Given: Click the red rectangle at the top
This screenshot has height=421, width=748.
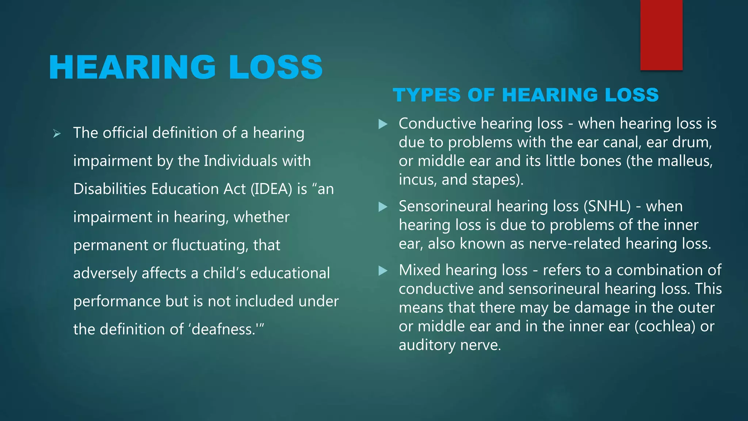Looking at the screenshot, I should point(661,35).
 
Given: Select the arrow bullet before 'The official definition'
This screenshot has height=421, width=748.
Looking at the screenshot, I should point(57,133).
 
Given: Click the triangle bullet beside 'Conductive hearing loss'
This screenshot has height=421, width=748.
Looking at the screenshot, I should point(383,124).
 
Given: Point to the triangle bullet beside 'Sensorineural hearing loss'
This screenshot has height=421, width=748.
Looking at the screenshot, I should point(383,207).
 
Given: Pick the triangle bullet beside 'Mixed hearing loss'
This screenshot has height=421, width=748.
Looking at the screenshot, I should point(383,271).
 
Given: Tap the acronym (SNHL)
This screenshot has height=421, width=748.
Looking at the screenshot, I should point(607,206).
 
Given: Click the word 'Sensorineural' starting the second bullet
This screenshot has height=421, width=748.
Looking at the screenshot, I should point(445,206).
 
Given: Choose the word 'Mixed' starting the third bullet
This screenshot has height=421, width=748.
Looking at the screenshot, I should point(420,270).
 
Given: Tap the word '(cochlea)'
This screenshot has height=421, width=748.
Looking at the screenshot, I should point(665,326).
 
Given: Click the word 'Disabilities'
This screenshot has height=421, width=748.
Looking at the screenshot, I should point(109,189).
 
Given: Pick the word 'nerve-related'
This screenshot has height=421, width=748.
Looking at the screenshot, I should point(575,244).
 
